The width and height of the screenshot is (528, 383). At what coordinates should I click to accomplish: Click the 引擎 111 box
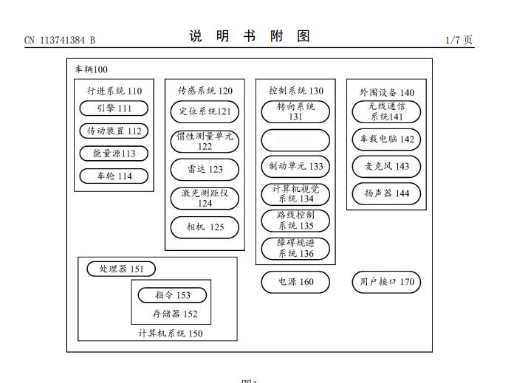pyautogui.click(x=114, y=108)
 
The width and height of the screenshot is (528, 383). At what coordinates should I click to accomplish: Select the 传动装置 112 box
pyautogui.click(x=114, y=131)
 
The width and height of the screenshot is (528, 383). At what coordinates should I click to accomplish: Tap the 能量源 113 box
pyautogui.click(x=114, y=153)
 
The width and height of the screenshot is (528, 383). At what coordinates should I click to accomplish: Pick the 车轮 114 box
pyautogui.click(x=114, y=176)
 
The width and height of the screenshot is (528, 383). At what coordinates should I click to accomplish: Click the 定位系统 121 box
pyautogui.click(x=205, y=112)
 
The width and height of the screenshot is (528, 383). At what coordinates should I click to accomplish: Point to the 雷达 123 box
pyautogui.click(x=205, y=169)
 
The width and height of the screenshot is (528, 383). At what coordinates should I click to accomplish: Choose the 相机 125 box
pyautogui.click(x=205, y=227)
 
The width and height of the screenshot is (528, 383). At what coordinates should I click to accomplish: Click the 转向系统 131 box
pyautogui.click(x=295, y=111)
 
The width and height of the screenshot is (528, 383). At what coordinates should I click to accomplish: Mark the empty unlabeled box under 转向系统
pyautogui.click(x=295, y=139)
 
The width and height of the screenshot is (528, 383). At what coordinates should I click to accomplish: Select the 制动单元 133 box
pyautogui.click(x=295, y=166)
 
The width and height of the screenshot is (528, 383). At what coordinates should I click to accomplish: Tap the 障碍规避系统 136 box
pyautogui.click(x=295, y=249)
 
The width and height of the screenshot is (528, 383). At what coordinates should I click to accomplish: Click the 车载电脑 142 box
pyautogui.click(x=386, y=139)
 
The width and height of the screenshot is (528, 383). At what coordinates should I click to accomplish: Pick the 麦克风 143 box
pyautogui.click(x=386, y=166)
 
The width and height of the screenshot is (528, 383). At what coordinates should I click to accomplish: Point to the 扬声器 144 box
pyautogui.click(x=386, y=193)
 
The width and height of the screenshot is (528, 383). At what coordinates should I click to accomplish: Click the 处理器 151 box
pyautogui.click(x=121, y=269)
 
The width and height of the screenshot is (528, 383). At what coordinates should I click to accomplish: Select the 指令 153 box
pyautogui.click(x=171, y=294)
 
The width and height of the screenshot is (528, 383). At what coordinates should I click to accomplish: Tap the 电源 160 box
pyautogui.click(x=295, y=281)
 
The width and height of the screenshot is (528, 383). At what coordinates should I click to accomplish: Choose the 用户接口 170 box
pyautogui.click(x=386, y=281)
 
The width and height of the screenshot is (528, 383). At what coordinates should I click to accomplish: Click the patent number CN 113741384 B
pyautogui.click(x=60, y=40)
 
